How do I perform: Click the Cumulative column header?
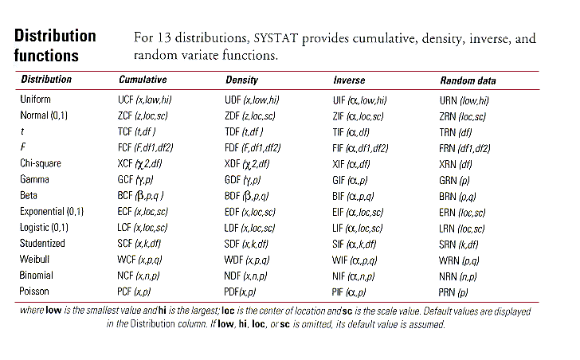[143, 80]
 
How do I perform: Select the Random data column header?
[468, 80]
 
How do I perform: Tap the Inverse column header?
[349, 80]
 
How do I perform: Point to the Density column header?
[242, 80]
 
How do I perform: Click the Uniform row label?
[35, 99]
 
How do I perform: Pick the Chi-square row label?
[41, 163]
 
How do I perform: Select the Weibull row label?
[34, 259]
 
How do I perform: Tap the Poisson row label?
[34, 292]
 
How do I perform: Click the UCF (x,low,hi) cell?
[145, 100]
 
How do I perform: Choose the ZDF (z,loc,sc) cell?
[250, 116]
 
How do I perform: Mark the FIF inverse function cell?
[360, 149]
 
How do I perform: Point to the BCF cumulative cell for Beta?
[140, 195]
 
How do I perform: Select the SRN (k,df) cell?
[458, 245]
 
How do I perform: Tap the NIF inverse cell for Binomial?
[353, 276]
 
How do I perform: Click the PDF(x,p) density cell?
[240, 292]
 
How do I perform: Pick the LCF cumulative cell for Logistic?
[143, 228]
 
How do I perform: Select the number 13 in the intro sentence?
[164, 37]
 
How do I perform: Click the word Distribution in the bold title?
[55, 36]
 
